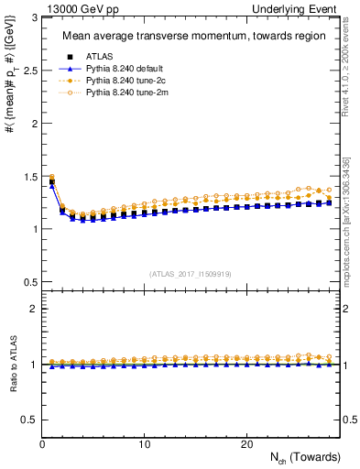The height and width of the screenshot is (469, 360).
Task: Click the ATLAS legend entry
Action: click(x=98, y=55)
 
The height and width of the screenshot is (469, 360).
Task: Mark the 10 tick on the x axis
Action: click(x=145, y=444)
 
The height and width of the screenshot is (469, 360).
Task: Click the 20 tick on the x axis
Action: click(x=246, y=444)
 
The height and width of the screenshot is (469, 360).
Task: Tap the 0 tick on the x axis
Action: click(x=43, y=444)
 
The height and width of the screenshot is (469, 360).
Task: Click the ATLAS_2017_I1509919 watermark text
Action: click(x=191, y=274)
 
